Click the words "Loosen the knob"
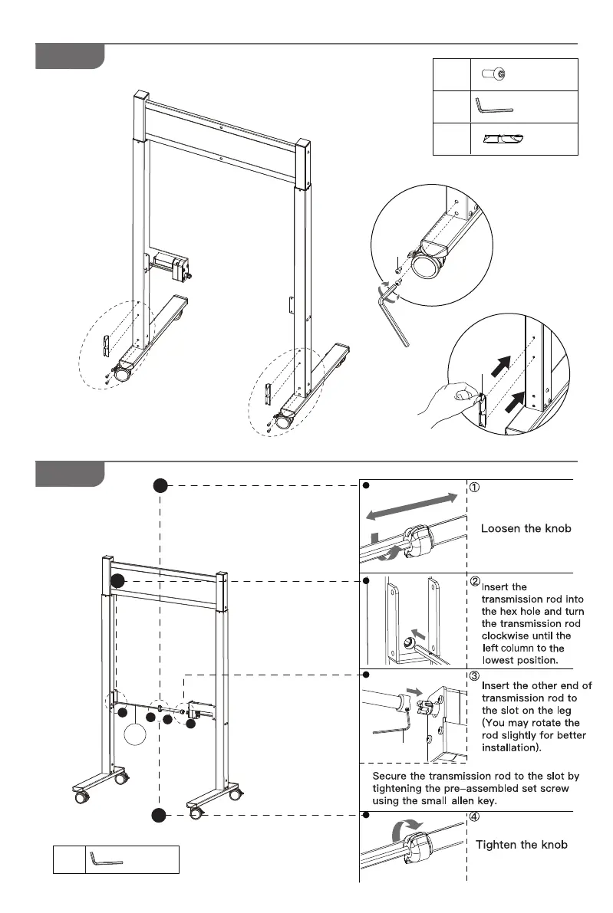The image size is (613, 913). (526, 528)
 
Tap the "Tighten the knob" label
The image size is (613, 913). (522, 845)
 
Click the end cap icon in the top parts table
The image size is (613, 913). (503, 139)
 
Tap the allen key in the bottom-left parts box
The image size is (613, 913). (106, 859)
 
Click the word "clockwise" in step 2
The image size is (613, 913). (505, 635)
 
